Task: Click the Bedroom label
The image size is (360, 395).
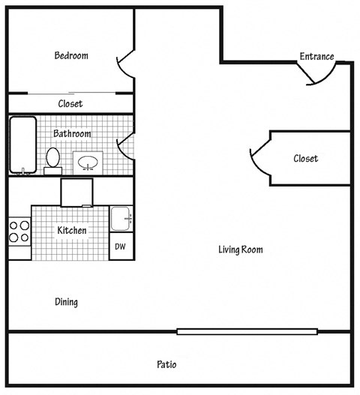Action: [71, 55]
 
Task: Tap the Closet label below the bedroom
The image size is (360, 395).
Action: [70, 103]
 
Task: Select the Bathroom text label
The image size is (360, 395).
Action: [72, 133]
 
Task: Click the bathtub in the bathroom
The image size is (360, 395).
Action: [22, 145]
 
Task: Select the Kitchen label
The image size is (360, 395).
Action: [71, 231]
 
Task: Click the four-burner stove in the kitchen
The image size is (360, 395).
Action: [19, 231]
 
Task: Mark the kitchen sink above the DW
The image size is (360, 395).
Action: [120, 219]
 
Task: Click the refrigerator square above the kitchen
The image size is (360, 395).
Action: [76, 192]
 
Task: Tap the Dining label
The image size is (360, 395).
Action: [66, 302]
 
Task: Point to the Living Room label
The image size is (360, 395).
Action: [240, 250]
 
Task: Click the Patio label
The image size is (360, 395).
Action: [166, 365]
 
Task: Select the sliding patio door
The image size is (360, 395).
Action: [247, 331]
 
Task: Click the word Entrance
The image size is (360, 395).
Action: [316, 56]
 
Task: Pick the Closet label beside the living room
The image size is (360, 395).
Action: [305, 158]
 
